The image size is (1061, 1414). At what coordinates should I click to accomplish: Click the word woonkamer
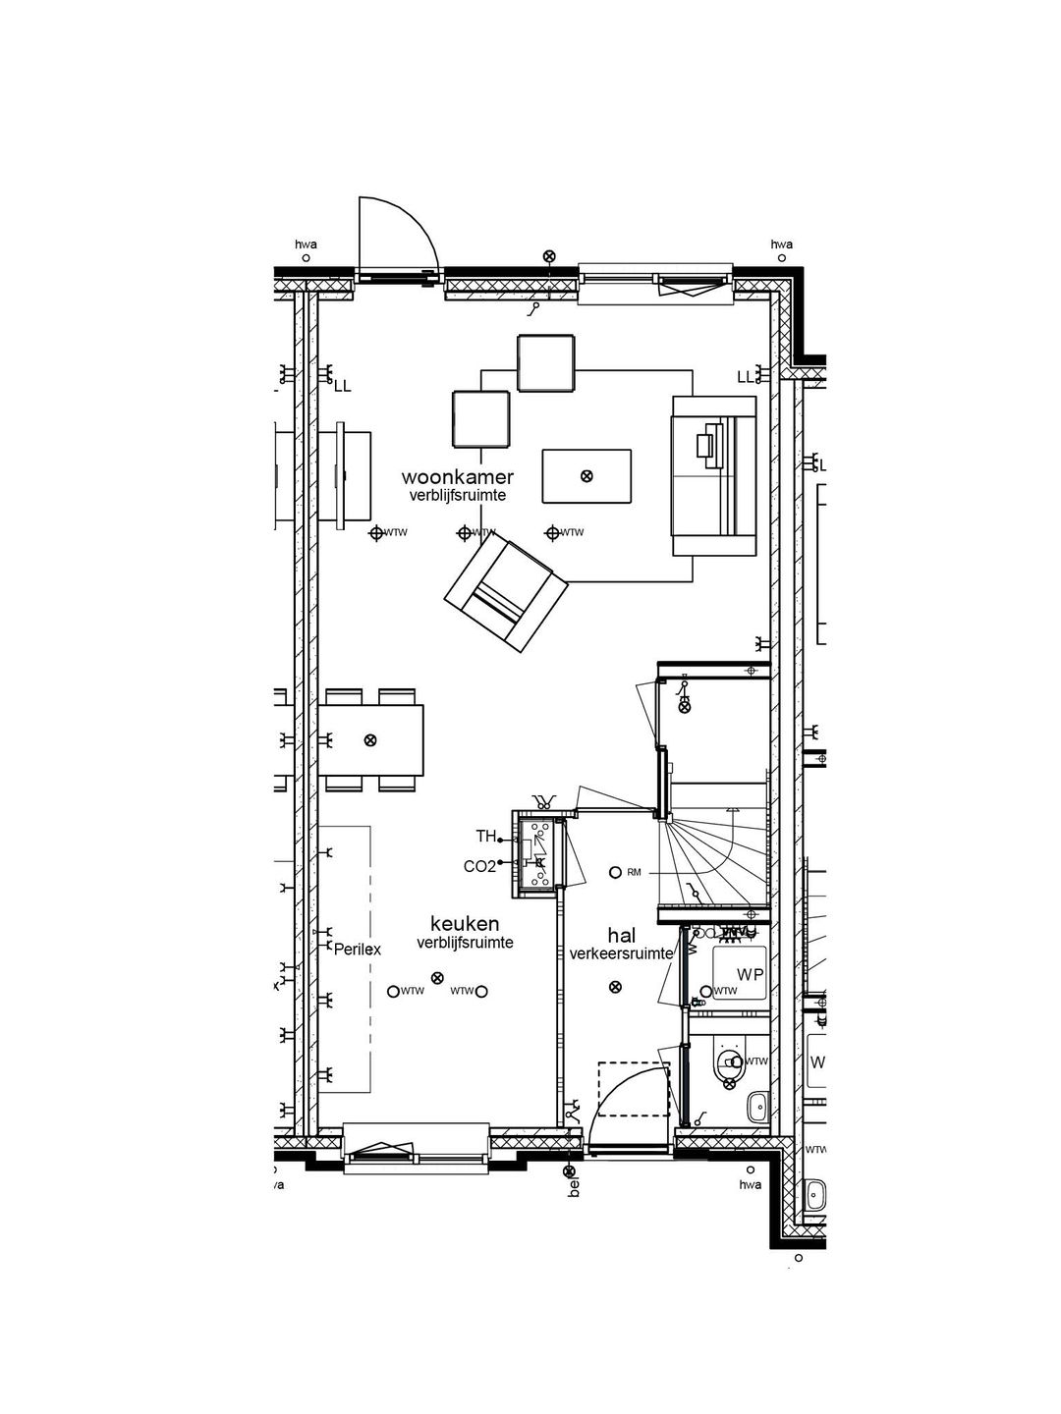click(458, 477)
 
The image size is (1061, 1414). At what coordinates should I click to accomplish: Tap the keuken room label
click(465, 924)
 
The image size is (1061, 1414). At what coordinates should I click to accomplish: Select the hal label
click(621, 936)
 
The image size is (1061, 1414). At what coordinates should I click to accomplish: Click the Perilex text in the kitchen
click(357, 950)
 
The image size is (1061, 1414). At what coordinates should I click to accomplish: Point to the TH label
click(485, 837)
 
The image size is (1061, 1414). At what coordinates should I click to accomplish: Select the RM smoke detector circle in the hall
click(616, 872)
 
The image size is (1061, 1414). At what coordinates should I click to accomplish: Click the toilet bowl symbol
click(729, 1062)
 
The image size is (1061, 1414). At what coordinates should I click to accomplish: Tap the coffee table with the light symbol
click(586, 476)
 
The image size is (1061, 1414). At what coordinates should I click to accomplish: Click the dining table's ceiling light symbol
click(370, 739)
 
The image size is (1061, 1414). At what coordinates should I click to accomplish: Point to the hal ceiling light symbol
click(615, 987)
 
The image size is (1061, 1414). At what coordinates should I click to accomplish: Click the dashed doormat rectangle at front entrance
click(634, 1088)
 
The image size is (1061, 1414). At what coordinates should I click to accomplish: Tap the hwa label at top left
click(306, 245)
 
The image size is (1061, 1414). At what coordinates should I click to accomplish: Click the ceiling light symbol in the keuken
click(438, 977)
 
